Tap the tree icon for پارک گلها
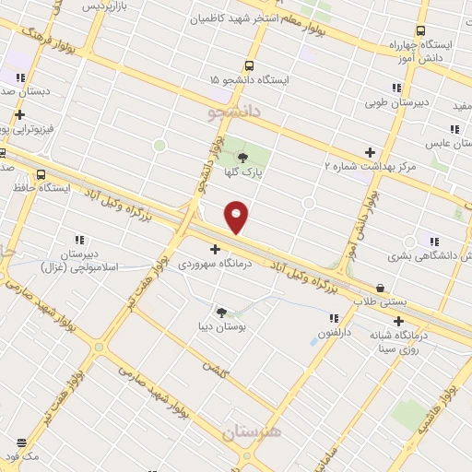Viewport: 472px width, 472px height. pos(242,158)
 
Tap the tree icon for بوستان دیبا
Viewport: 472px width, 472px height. pos(220,312)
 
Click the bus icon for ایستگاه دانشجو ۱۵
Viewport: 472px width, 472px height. pos(249,65)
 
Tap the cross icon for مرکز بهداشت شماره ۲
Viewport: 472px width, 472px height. pos(371,151)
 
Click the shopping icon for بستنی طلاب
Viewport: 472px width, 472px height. pos(381,288)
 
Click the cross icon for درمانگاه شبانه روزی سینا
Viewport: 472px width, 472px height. pos(398,321)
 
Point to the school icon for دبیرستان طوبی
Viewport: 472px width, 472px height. pos(396,88)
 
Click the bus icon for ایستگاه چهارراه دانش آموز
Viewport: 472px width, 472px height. pos(421,30)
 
